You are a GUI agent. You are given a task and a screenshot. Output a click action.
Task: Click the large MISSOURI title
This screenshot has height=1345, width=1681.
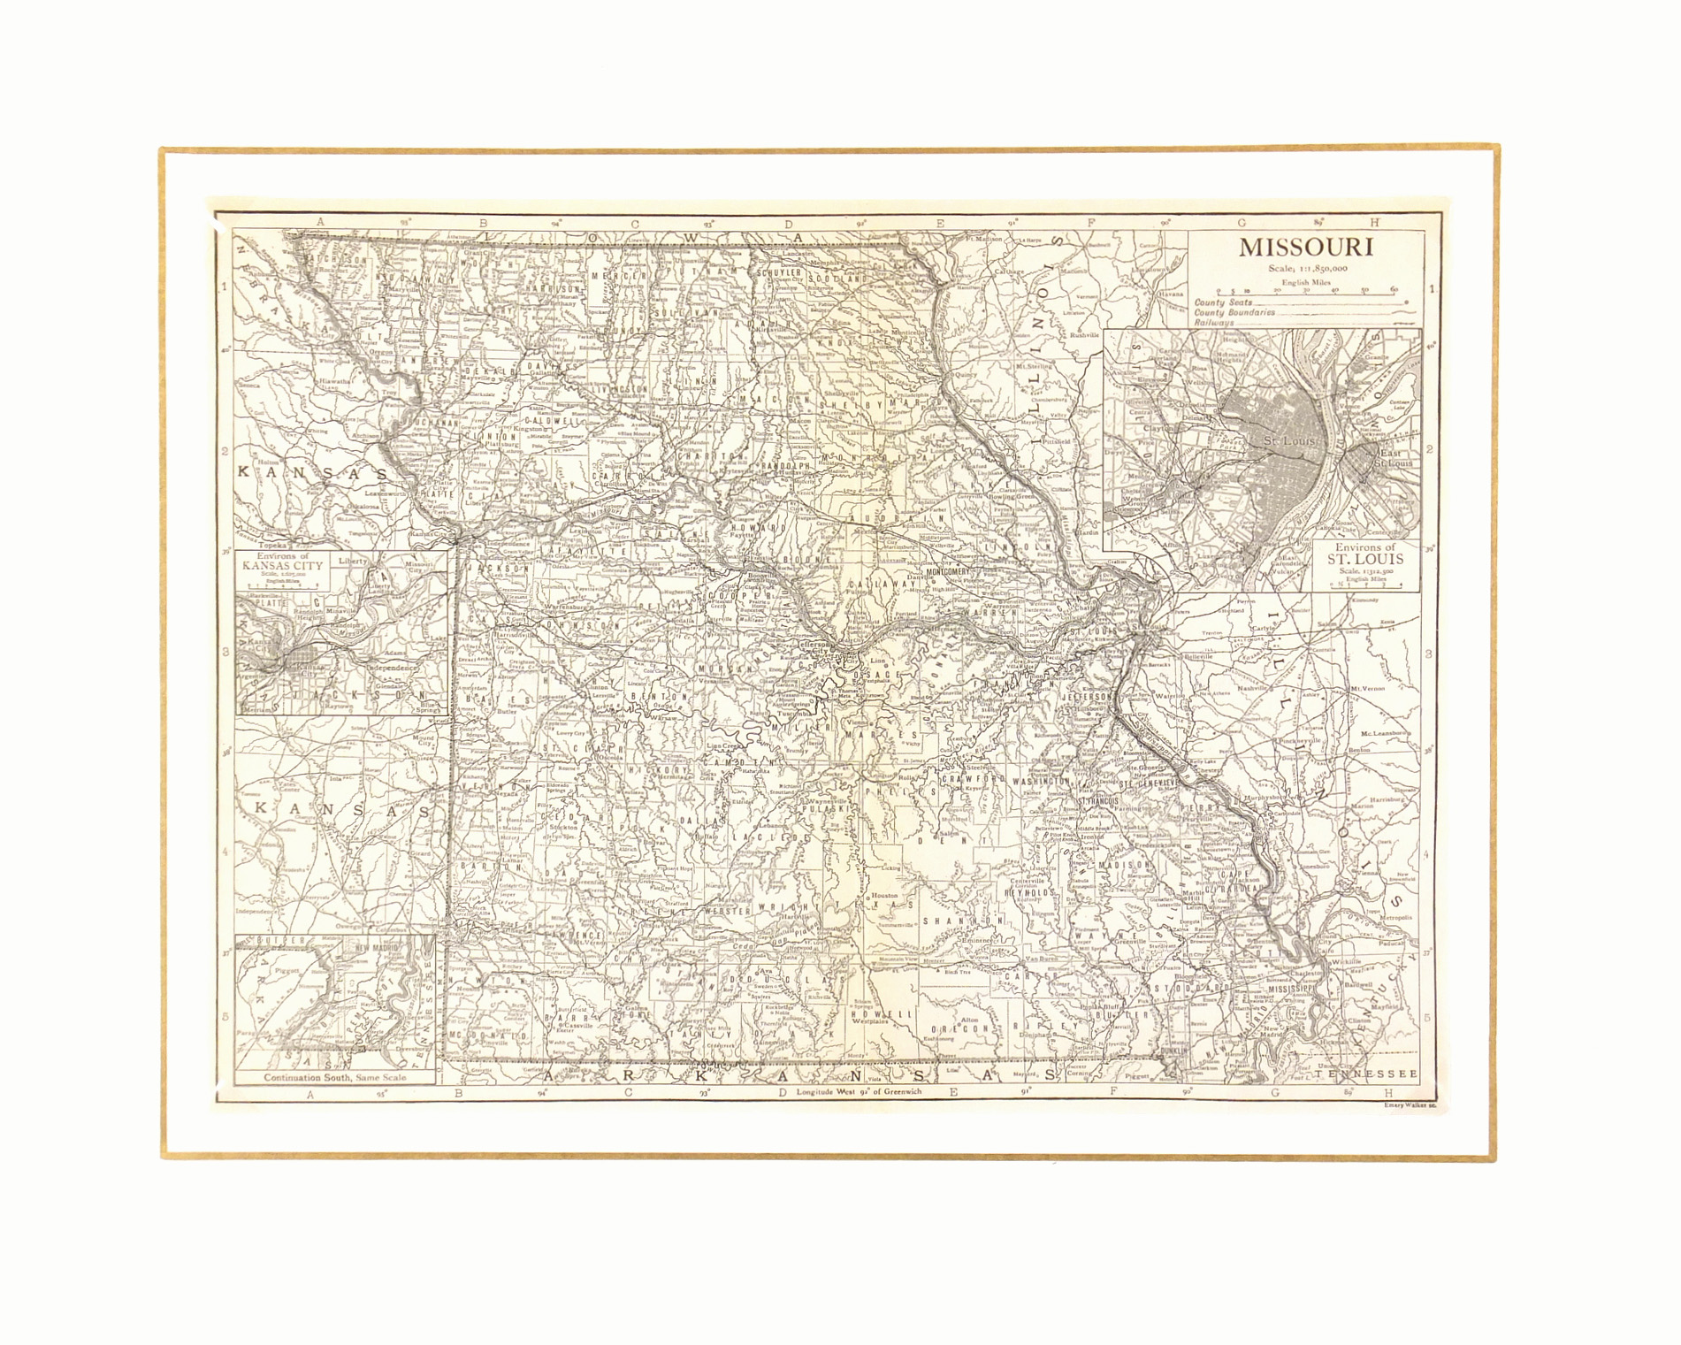coord(1305,247)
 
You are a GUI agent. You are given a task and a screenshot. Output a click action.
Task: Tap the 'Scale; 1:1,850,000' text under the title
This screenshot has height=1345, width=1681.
coord(1306,268)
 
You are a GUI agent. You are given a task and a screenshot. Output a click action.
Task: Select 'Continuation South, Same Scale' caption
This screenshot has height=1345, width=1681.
coord(335,1077)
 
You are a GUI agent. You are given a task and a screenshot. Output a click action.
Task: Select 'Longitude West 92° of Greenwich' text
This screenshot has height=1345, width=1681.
coord(858,1091)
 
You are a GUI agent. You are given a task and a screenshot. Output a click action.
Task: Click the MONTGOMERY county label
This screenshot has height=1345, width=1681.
coord(947,571)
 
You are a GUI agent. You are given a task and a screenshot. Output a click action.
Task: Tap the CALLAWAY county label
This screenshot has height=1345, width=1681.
coord(880,585)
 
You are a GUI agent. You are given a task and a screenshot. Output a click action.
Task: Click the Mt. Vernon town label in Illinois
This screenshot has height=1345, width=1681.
coord(1367,687)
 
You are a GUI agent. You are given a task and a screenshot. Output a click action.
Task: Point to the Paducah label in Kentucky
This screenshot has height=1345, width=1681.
coord(1395,943)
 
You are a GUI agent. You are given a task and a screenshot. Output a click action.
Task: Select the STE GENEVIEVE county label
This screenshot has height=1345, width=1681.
coord(1150,783)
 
